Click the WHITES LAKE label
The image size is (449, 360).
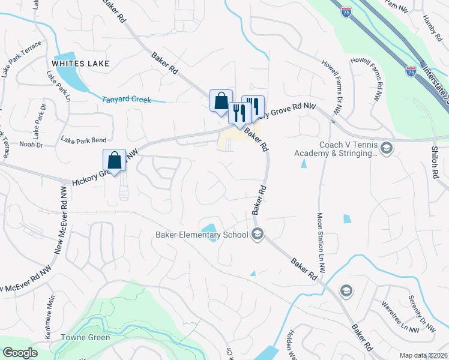pos(81,62)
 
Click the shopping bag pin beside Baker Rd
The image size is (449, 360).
pos(221,101)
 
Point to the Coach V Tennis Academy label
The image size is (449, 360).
pos(335,149)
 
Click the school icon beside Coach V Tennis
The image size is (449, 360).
pos(386,148)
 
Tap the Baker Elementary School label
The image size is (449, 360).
pos(201,235)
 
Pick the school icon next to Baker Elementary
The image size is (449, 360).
pos(258,234)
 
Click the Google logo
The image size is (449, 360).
pos(20,353)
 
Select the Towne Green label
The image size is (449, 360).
pos(85,337)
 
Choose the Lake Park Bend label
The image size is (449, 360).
pos(83,140)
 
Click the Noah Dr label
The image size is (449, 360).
pos(31,145)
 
